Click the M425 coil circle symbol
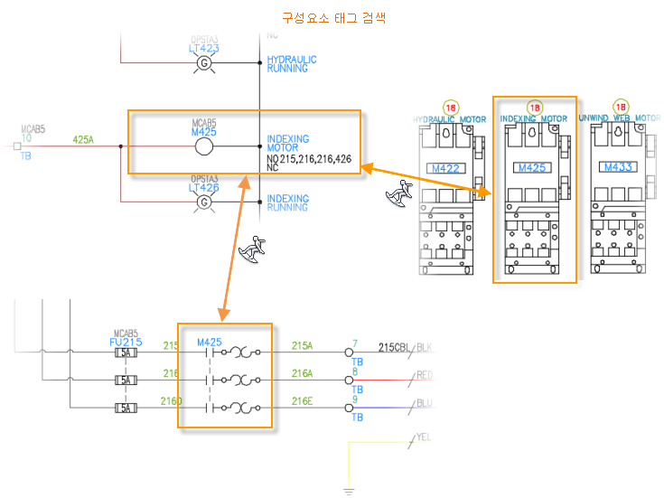(204, 147)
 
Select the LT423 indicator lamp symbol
(204, 62)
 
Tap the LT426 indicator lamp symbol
(204, 202)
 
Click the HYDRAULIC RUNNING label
(292, 64)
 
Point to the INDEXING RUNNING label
(288, 203)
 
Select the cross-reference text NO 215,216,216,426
(309, 159)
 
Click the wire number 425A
(83, 140)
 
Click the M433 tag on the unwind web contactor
(618, 168)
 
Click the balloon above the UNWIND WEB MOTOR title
(621, 107)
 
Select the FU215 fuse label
(126, 343)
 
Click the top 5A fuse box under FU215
(126, 354)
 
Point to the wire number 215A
(302, 345)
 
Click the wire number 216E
(302, 400)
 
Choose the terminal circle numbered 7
(349, 353)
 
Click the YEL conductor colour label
(424, 437)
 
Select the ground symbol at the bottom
(348, 492)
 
